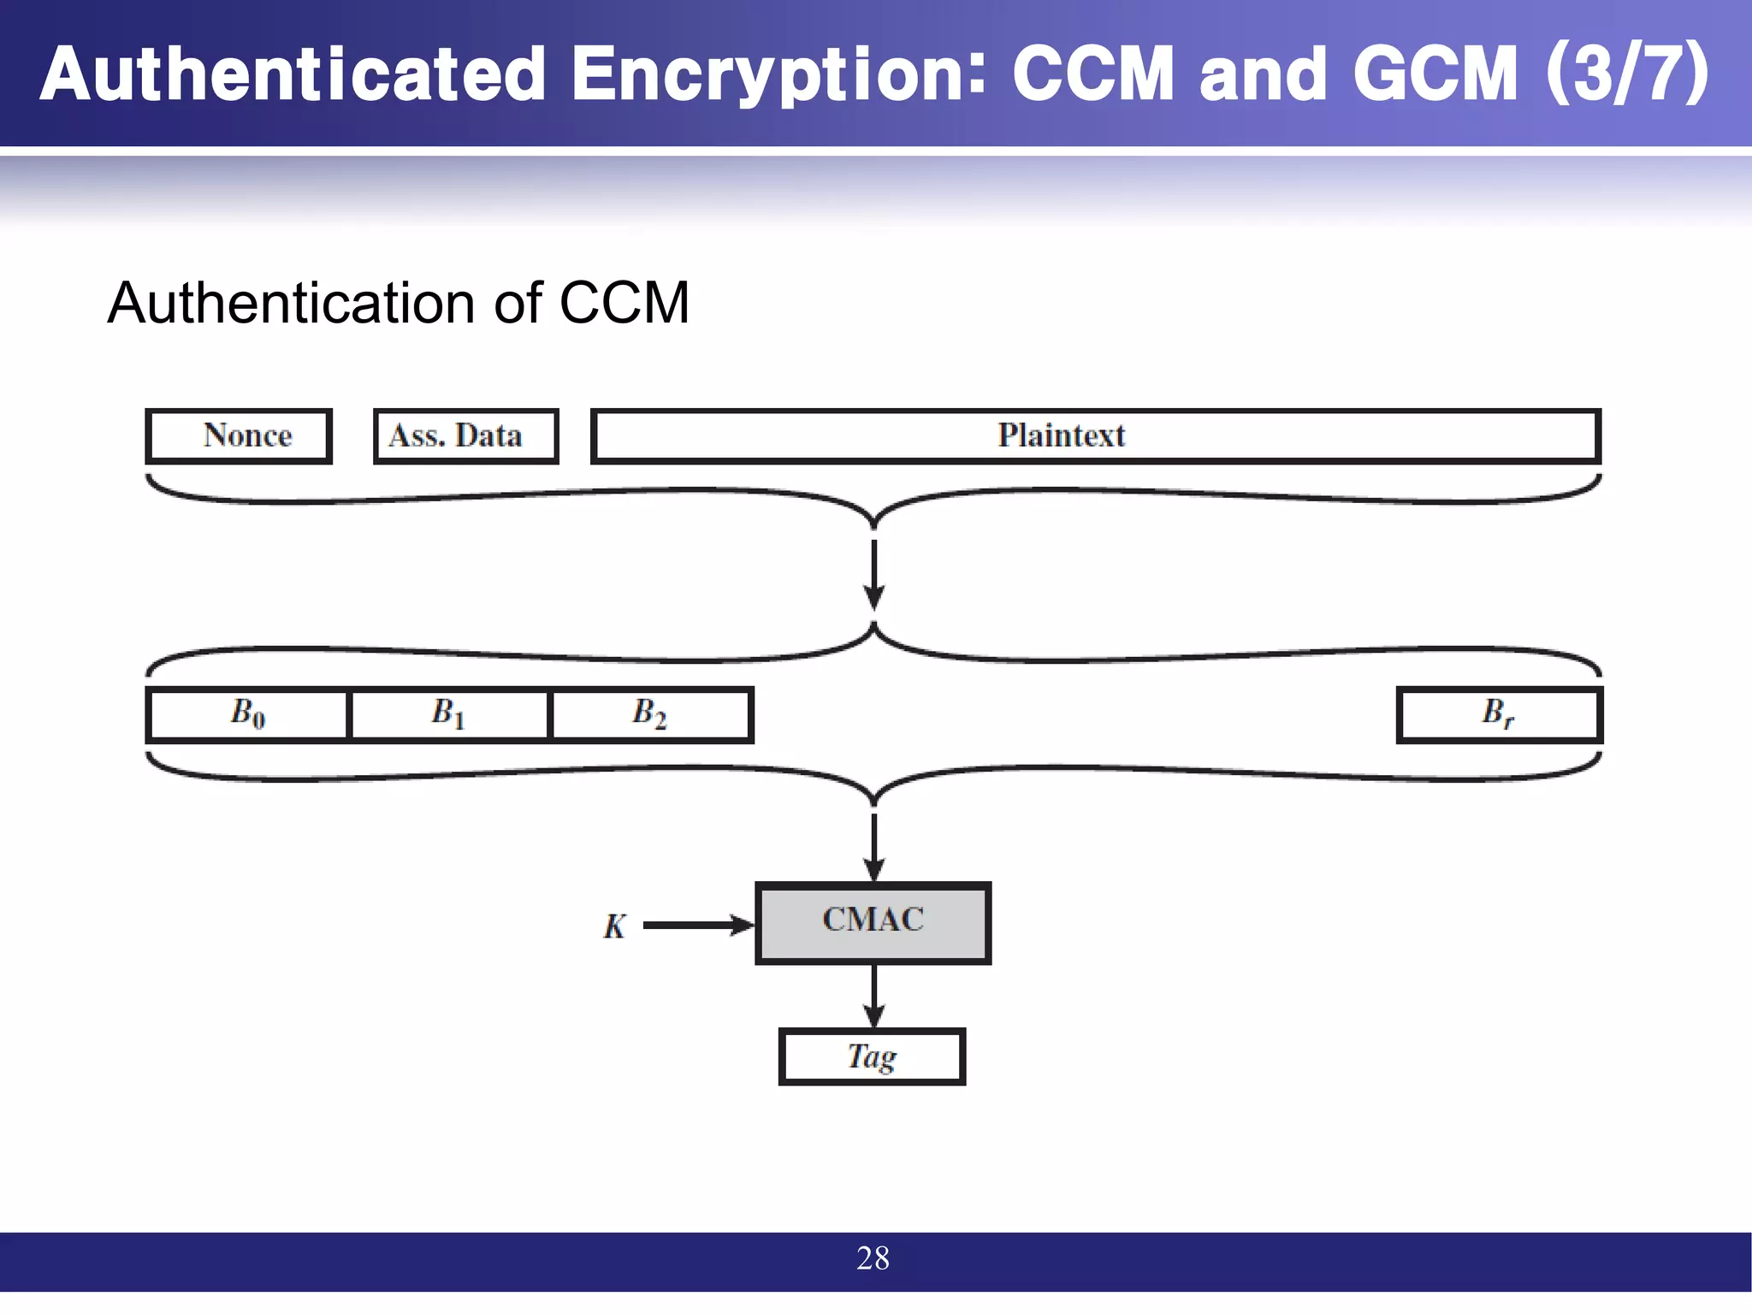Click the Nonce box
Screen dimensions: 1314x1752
[239, 436]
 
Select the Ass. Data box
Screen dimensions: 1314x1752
[466, 436]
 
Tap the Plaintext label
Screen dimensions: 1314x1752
[1061, 435]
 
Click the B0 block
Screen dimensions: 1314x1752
[247, 713]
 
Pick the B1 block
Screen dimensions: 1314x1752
[449, 713]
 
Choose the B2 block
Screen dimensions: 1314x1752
[650, 713]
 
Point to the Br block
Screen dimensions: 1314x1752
[1499, 713]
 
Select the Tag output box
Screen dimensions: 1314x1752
[872, 1057]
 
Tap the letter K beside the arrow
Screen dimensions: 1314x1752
[614, 926]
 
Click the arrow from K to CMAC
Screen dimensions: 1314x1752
[696, 925]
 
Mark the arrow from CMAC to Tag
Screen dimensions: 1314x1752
[873, 997]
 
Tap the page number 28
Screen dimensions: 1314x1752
[873, 1258]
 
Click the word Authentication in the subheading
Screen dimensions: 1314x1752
[292, 304]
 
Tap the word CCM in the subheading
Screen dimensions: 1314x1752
[624, 304]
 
